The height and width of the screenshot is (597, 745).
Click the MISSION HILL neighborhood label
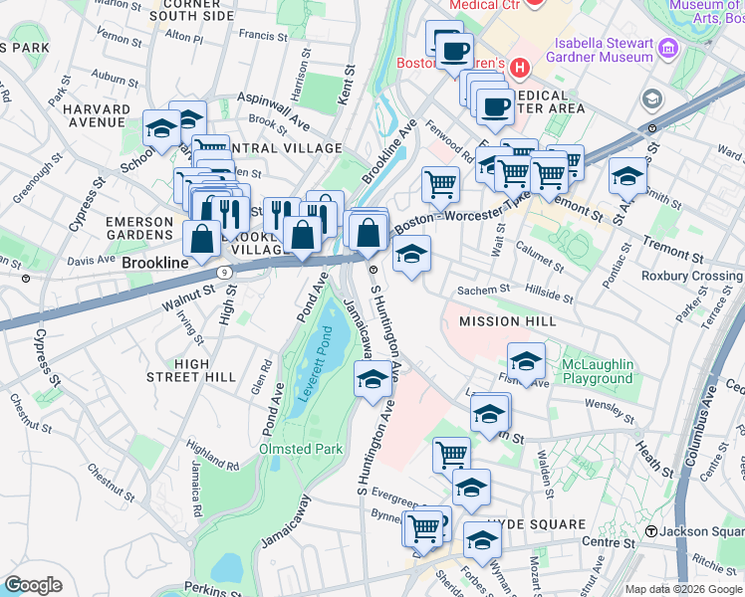click(507, 322)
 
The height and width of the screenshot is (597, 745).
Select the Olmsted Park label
click(301, 449)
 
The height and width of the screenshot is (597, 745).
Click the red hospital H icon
click(518, 68)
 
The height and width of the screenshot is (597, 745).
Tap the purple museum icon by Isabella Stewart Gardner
click(666, 47)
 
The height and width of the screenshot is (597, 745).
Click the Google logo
click(33, 585)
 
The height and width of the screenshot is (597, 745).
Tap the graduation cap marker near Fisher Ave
click(526, 361)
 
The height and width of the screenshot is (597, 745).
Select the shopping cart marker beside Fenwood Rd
click(440, 183)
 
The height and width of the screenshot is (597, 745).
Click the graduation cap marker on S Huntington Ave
click(372, 380)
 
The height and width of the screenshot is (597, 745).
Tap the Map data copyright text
click(682, 589)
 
